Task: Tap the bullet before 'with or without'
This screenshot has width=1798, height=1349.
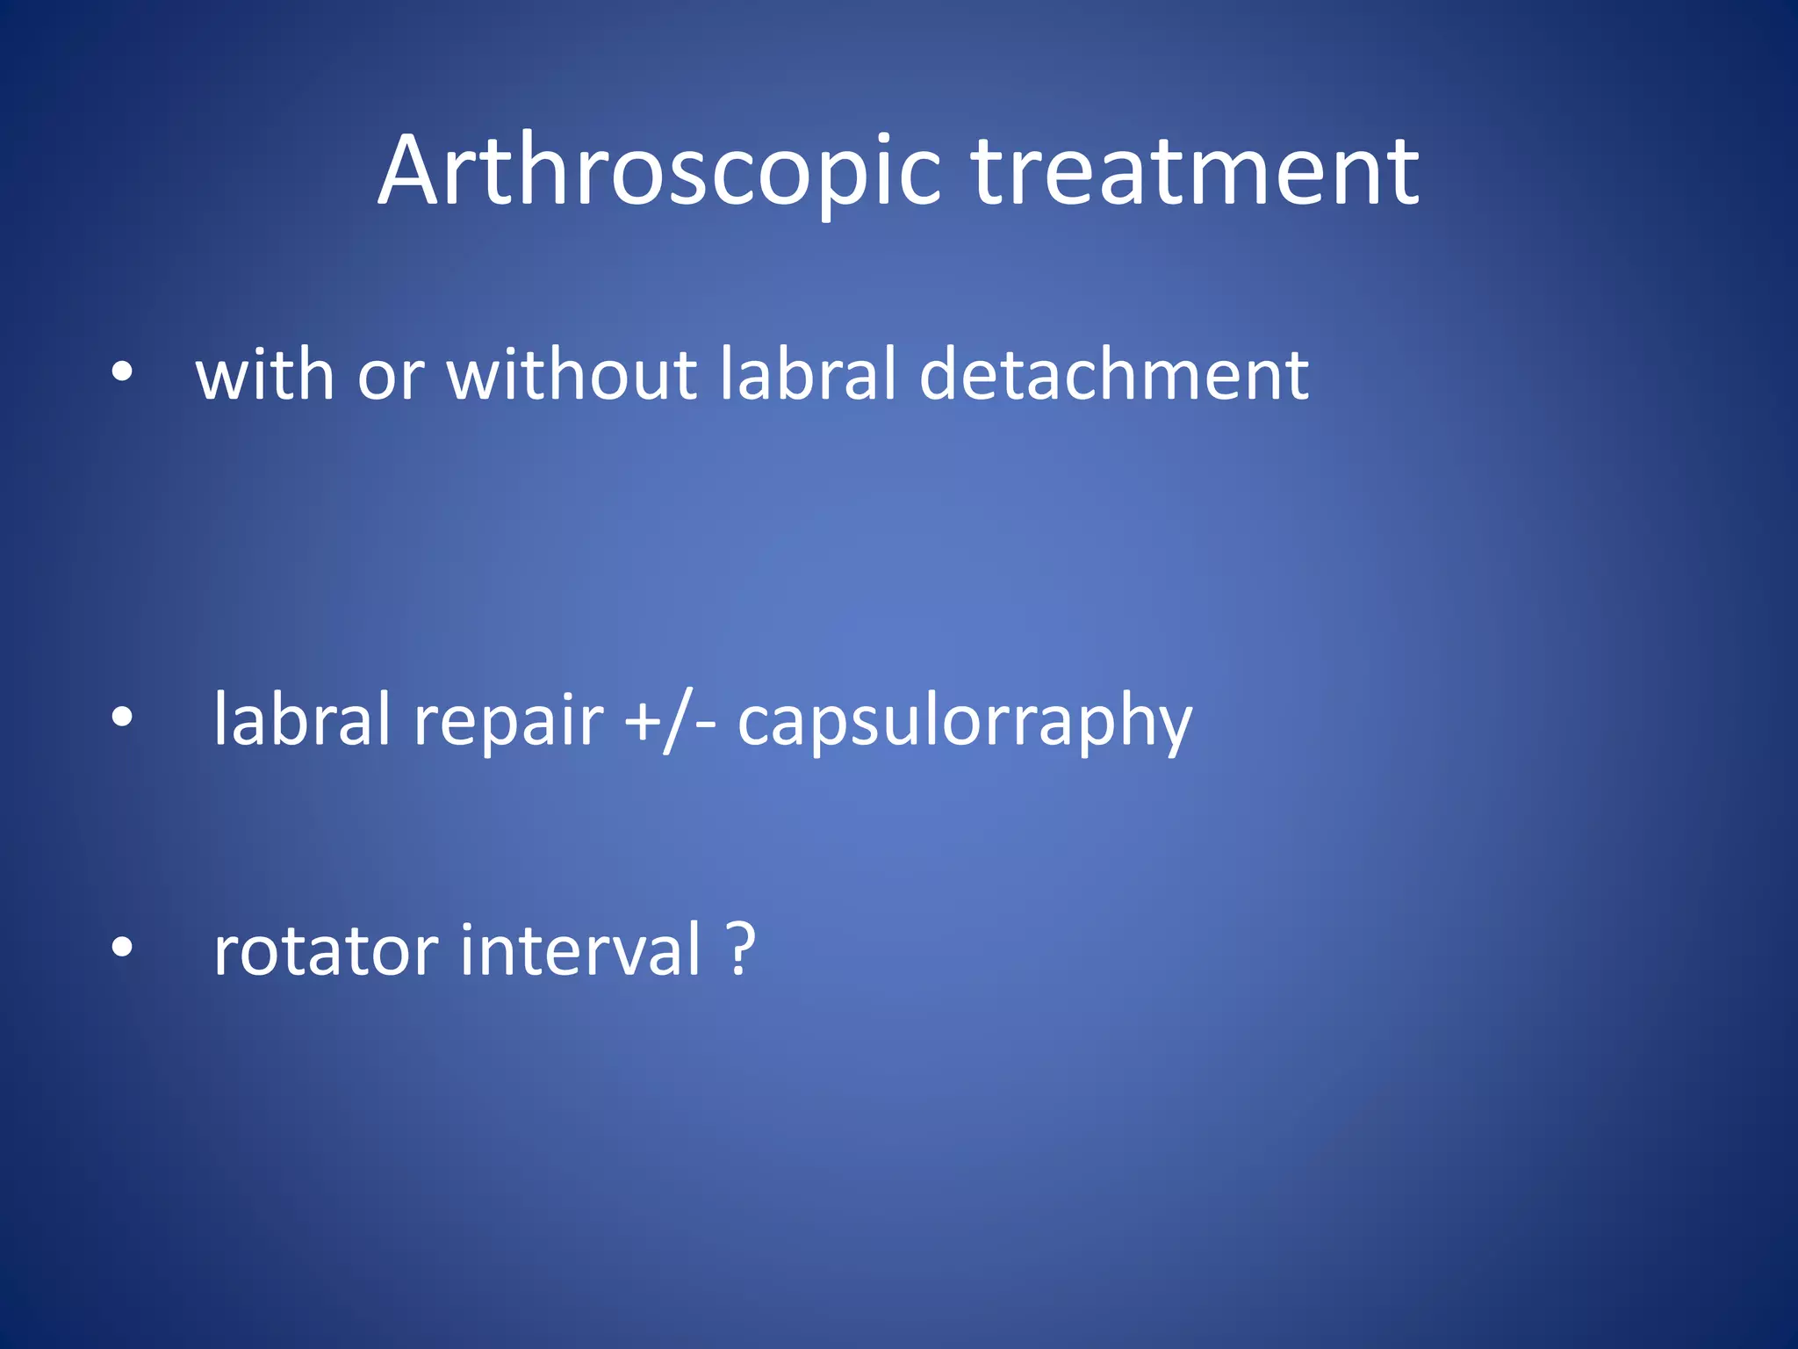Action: [x=122, y=372]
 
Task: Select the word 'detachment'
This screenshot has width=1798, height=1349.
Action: [x=1113, y=375]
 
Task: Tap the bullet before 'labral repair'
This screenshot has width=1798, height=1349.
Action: [x=122, y=718]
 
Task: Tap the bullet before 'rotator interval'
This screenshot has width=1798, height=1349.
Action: [x=122, y=948]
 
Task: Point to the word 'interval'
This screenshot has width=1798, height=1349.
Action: [x=579, y=950]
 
